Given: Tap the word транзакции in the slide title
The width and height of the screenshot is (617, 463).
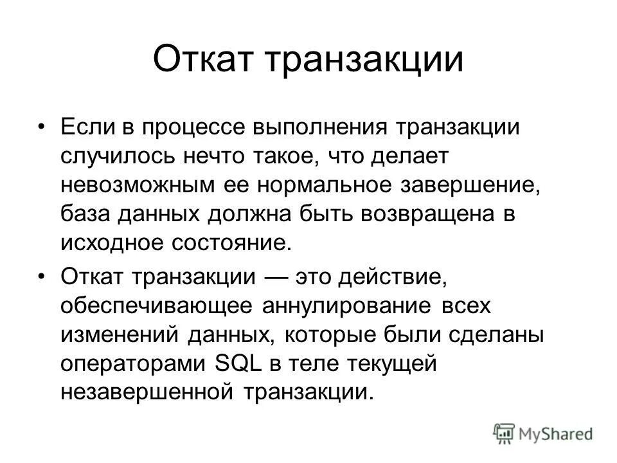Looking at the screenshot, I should coord(364,60).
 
